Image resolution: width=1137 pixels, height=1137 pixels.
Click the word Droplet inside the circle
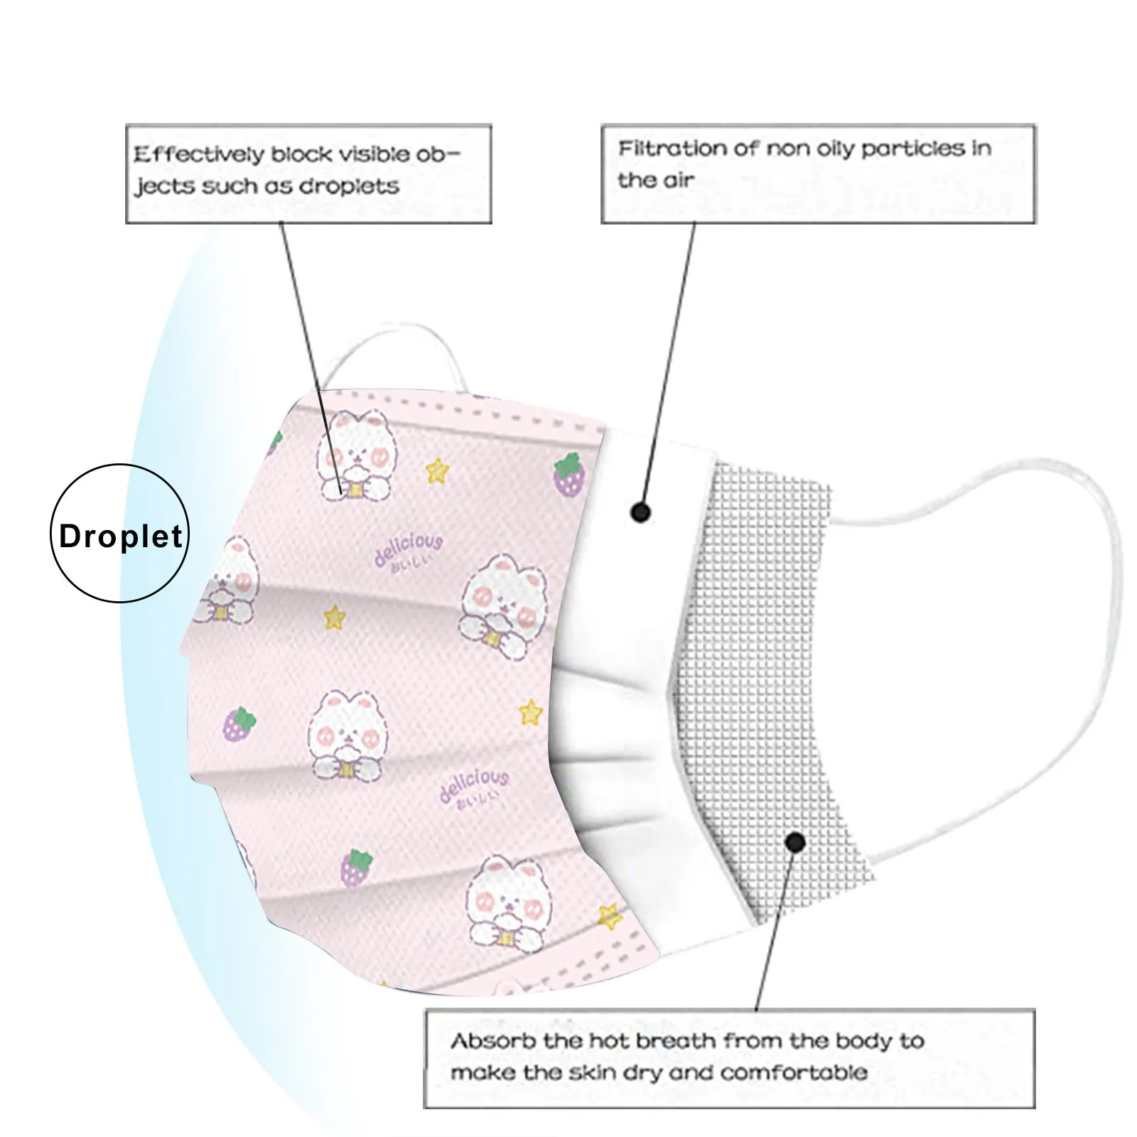121,536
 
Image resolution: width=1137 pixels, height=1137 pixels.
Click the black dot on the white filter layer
641,512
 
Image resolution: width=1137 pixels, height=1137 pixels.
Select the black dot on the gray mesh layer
796,843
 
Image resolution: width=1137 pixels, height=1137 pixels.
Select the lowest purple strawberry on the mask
356,868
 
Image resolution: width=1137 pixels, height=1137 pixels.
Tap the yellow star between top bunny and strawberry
438,470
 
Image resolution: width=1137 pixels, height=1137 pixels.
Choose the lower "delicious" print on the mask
474,786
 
